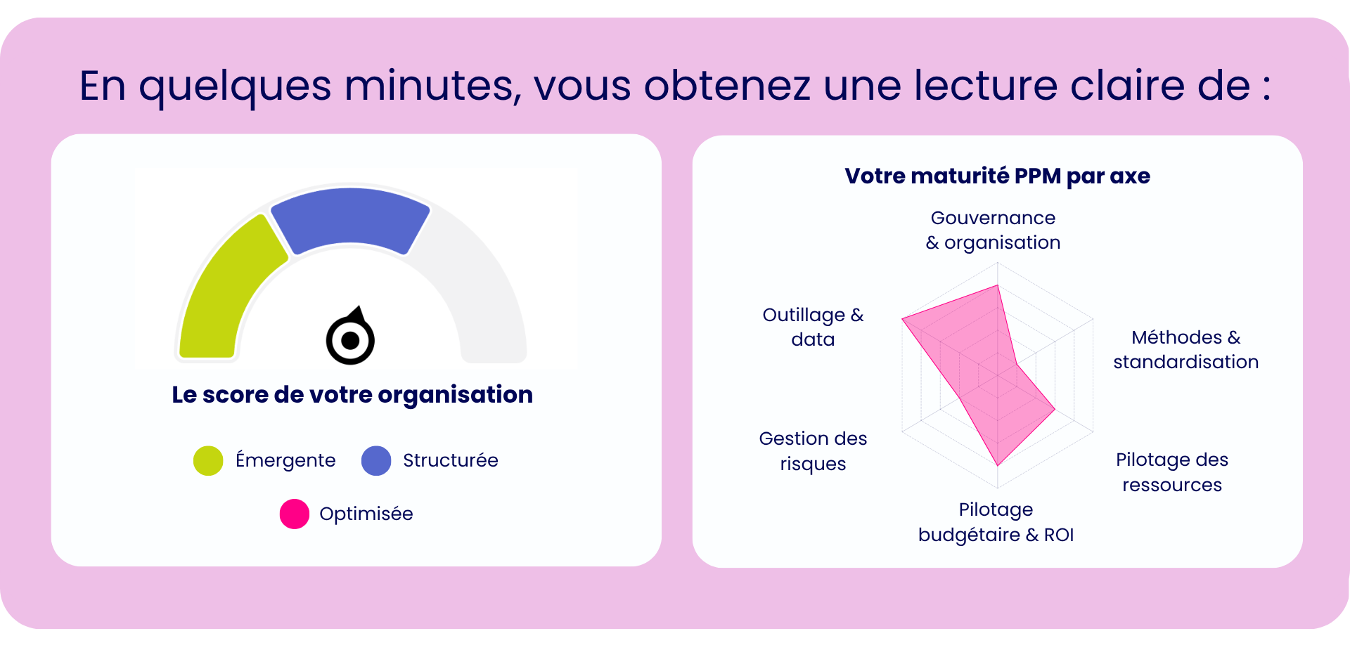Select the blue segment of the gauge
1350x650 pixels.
(x=350, y=218)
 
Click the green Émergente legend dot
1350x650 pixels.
(x=208, y=461)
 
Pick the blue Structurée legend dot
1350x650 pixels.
(x=376, y=461)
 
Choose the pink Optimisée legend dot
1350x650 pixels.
(x=295, y=514)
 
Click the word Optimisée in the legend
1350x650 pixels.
(x=366, y=514)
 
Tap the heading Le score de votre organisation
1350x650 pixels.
(x=352, y=395)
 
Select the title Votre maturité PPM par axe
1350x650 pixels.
(x=997, y=176)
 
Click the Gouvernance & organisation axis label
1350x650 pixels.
(x=993, y=230)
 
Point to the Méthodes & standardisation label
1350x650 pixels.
(x=1185, y=350)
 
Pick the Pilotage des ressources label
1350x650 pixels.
(x=1172, y=472)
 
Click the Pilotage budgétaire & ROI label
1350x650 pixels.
(x=996, y=522)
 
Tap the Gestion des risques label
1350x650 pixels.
(x=813, y=451)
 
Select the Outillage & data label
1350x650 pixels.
(x=813, y=327)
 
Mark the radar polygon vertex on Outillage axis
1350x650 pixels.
(x=903, y=319)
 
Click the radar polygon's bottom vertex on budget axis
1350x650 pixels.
(x=998, y=465)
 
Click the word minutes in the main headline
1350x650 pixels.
(x=432, y=86)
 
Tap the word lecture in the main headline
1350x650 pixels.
(x=985, y=86)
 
